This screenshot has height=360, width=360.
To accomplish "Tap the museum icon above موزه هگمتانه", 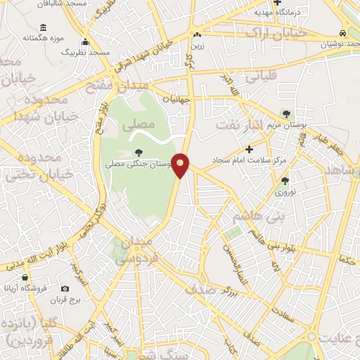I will [x=44, y=27].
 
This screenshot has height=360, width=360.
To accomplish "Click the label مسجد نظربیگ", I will [x=85, y=53].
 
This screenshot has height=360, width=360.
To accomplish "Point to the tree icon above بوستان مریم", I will [x=285, y=113].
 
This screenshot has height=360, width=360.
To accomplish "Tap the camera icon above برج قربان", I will [x=65, y=289].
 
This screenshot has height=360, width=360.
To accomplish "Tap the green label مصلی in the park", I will [x=137, y=127].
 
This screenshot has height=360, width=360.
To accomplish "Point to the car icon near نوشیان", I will [x=342, y=32].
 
